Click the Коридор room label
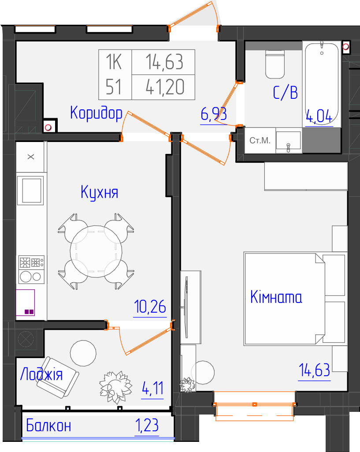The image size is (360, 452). pyautogui.click(x=96, y=113)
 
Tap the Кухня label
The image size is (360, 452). pyautogui.click(x=99, y=192)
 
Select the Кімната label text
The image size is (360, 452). pyautogui.click(x=276, y=297)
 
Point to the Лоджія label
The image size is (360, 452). pyautogui.click(x=41, y=374)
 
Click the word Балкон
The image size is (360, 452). pyautogui.click(x=48, y=426)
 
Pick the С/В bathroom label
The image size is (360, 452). pyautogui.click(x=285, y=93)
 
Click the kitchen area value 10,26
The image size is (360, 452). pyautogui.click(x=150, y=306)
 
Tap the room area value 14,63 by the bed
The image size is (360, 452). pyautogui.click(x=314, y=370)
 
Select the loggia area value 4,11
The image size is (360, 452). pyautogui.click(x=152, y=388)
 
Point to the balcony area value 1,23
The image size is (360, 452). pyautogui.click(x=147, y=426)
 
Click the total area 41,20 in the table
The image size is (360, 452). pyautogui.click(x=165, y=87)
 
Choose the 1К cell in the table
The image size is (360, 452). pyautogui.click(x=114, y=62)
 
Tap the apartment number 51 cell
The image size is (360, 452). pyautogui.click(x=114, y=87)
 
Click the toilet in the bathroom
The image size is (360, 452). pyautogui.click(x=275, y=64)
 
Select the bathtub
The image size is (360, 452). pyautogui.click(x=322, y=84)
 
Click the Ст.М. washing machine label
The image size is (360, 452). pyautogui.click(x=260, y=140)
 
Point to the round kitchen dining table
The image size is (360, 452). pyautogui.click(x=96, y=251)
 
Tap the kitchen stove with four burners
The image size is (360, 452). pyautogui.click(x=31, y=270)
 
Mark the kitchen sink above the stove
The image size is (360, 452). pyautogui.click(x=30, y=191)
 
